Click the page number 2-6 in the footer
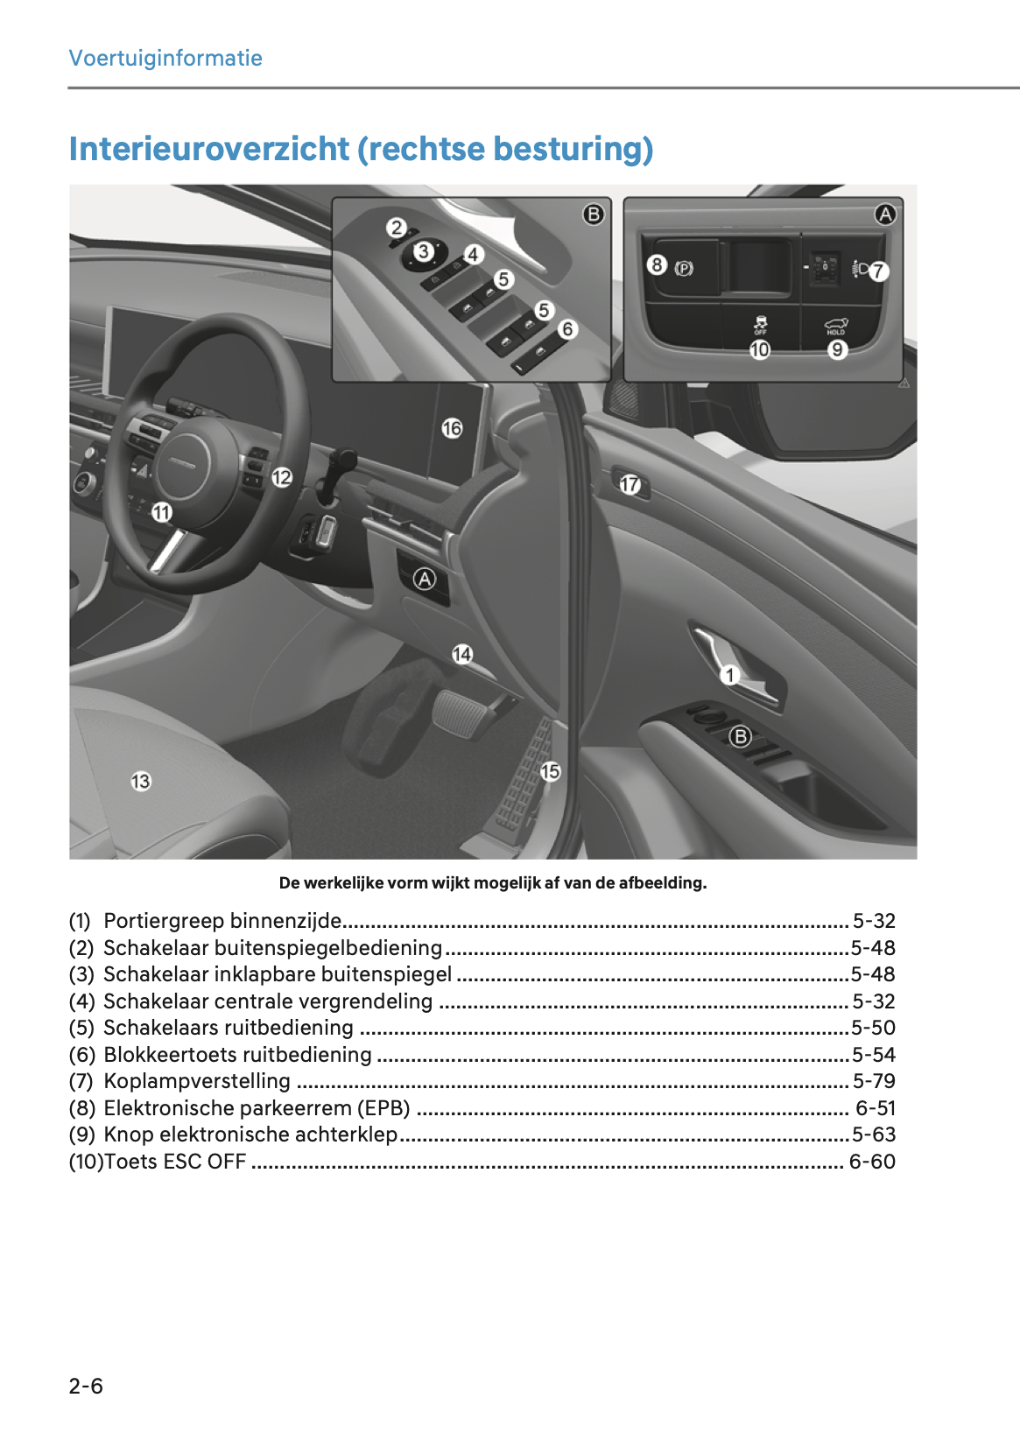(x=86, y=1386)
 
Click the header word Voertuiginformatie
(x=165, y=58)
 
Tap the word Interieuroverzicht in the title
(x=209, y=149)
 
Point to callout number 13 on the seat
(x=141, y=781)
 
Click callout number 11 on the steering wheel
(x=162, y=512)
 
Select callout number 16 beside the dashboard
(x=452, y=428)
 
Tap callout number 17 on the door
(x=630, y=484)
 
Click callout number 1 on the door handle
(x=730, y=675)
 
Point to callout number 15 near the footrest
(x=550, y=771)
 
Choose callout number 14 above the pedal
(x=462, y=654)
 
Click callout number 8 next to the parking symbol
(x=657, y=264)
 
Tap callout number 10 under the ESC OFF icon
(x=760, y=349)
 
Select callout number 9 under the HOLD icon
(x=838, y=349)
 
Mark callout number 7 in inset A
(x=878, y=271)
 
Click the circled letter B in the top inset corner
(x=594, y=214)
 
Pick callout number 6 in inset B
(x=567, y=329)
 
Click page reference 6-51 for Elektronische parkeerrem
(x=876, y=1108)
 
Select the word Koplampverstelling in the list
(x=197, y=1081)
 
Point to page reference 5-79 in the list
(x=874, y=1081)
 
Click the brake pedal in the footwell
(x=459, y=711)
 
